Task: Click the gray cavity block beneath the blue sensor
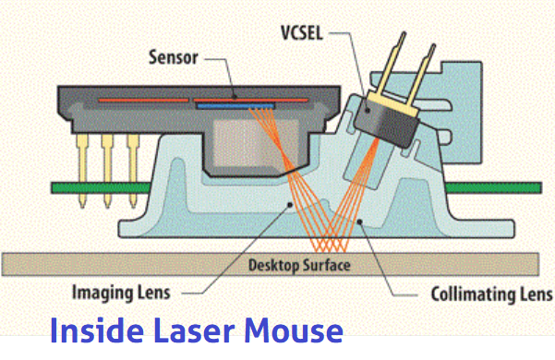click(247, 142)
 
